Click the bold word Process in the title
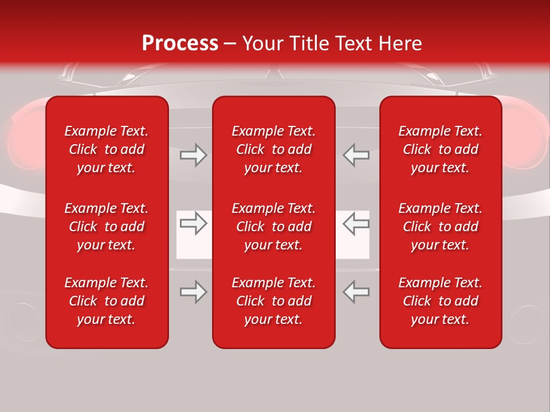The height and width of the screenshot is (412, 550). coord(180,43)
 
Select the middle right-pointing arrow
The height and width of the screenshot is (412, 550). coord(193,223)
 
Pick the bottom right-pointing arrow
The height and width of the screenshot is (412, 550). coord(193,292)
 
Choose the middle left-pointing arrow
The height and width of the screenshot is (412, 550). coord(356,223)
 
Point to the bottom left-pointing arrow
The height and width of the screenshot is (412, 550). coord(356,292)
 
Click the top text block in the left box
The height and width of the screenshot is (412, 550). coord(107,149)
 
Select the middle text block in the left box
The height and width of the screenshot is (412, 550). coord(107,227)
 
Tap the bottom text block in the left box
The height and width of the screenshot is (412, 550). coord(107,301)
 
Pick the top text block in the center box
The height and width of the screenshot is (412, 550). coord(273,149)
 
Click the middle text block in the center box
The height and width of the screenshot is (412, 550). coord(273,227)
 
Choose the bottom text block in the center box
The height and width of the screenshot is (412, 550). coord(273,301)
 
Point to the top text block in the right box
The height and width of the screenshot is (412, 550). coord(440,149)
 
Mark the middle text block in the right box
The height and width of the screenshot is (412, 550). coord(440,227)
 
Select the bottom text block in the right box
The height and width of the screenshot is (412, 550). coord(440,301)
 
